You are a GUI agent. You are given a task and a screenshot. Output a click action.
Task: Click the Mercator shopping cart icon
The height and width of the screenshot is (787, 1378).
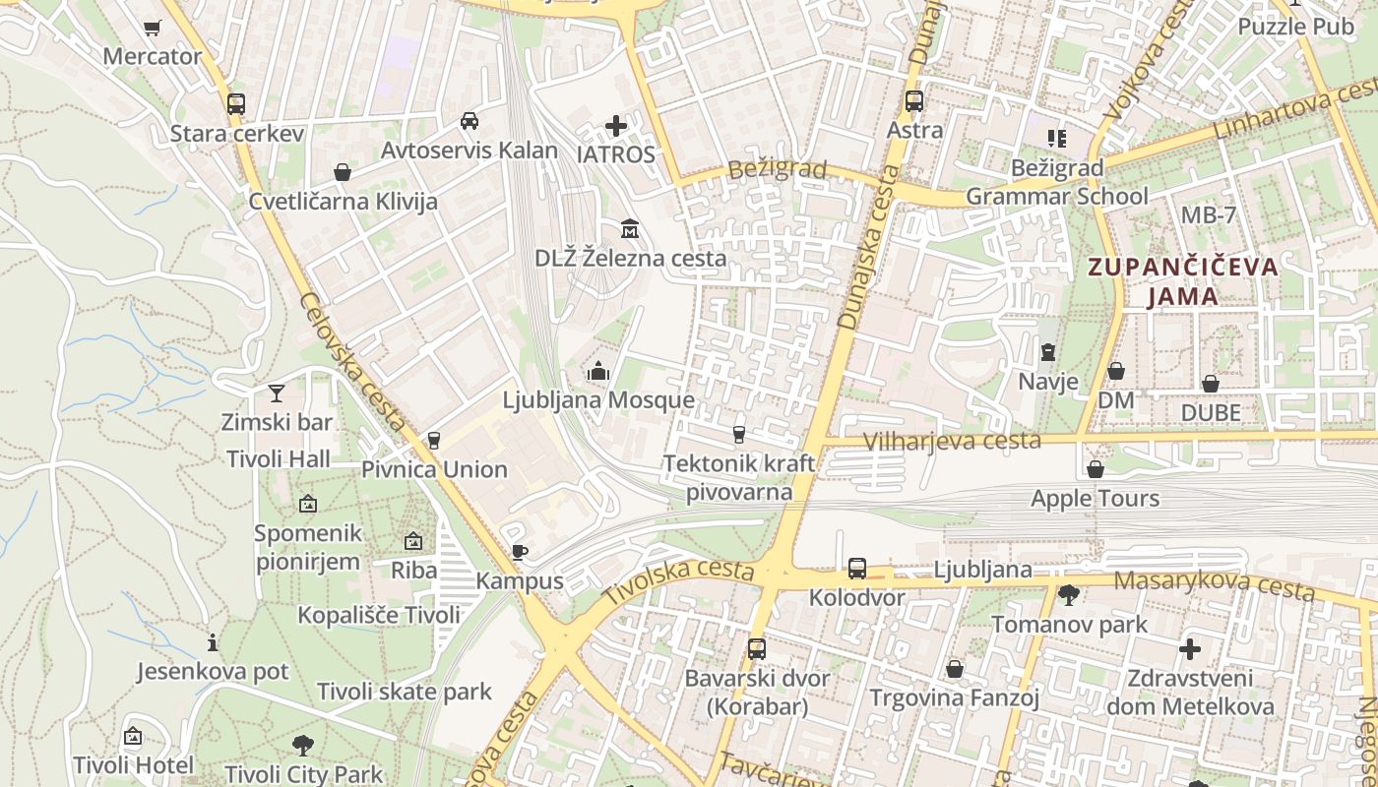[x=152, y=29]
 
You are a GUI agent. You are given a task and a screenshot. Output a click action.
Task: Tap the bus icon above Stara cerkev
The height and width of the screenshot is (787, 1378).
[x=236, y=103]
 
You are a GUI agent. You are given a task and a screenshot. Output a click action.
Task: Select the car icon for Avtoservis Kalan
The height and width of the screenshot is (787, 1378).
[x=470, y=121]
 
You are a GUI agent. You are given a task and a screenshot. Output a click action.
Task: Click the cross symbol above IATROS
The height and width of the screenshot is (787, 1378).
[x=616, y=126]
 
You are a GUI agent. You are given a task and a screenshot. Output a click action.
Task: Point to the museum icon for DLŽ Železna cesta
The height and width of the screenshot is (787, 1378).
[x=630, y=230]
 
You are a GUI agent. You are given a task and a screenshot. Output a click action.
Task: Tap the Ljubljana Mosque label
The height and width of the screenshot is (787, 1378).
[x=598, y=400]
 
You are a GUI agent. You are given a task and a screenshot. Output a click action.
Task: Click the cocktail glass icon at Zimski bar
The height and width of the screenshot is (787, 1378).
[x=277, y=393]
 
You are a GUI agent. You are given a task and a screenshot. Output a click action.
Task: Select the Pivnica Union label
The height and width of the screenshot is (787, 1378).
[x=434, y=469]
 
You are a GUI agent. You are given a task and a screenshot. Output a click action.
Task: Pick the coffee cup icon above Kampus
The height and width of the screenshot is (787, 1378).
[x=519, y=552]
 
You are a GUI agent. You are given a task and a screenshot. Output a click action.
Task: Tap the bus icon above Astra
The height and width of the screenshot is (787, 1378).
[x=914, y=100]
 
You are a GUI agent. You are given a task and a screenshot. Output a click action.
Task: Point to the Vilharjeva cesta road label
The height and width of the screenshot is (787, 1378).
[x=951, y=441]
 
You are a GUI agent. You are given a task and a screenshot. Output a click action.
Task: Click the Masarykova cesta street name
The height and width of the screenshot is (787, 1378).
[x=1214, y=584]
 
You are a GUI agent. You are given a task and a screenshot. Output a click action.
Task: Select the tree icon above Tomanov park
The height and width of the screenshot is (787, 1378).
[x=1069, y=595]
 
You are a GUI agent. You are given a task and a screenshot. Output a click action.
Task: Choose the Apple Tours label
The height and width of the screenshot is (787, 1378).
[x=1095, y=498]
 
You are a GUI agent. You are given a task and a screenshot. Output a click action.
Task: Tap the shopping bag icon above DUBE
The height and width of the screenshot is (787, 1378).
[x=1210, y=384]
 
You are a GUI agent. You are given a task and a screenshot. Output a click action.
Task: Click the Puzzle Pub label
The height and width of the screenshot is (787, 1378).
[x=1295, y=27]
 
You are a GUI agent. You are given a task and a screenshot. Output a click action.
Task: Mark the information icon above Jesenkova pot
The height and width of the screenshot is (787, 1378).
[x=213, y=643]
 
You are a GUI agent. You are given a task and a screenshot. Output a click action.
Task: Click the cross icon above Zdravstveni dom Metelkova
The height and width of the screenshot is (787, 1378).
[x=1190, y=649]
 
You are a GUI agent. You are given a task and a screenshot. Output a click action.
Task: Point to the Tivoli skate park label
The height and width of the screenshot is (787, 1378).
[x=404, y=692]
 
